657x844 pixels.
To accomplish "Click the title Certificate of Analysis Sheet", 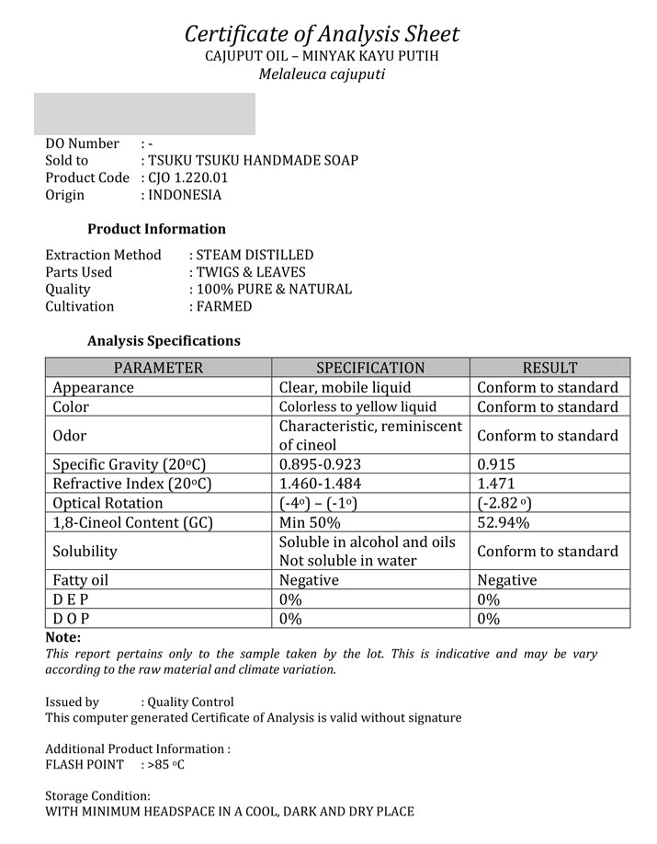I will [x=322, y=35].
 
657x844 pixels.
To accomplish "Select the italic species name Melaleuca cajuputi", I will [x=322, y=74].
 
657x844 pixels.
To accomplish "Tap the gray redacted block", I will [x=144, y=113].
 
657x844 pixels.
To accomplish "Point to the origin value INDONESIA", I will [x=185, y=195].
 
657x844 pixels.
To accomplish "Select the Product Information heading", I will [x=156, y=229].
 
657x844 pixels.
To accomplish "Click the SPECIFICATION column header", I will [x=370, y=368].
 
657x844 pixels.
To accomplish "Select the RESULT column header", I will [x=549, y=368].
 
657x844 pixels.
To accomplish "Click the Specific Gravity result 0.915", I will [x=496, y=464].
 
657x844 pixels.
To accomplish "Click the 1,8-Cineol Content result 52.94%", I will [x=503, y=522].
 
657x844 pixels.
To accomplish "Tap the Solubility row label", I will [x=85, y=552].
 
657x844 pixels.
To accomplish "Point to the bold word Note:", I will [x=62, y=637].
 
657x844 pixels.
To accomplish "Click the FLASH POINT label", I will [x=85, y=765].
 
